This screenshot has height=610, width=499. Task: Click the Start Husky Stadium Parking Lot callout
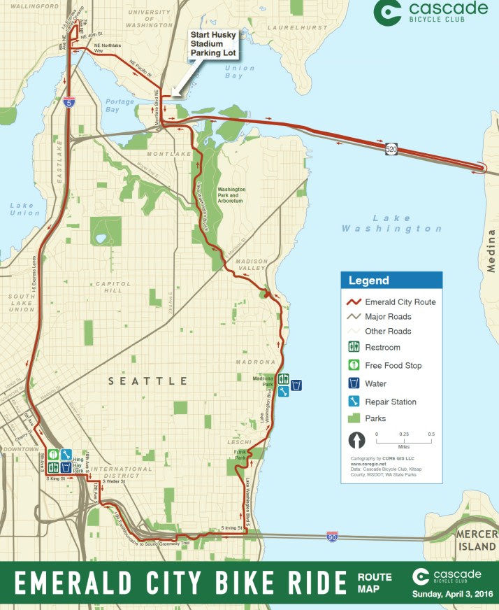point(212,43)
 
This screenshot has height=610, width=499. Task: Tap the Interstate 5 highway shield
point(68,103)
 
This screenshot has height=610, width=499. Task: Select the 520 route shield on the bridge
point(392,149)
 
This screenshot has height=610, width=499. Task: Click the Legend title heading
point(370,281)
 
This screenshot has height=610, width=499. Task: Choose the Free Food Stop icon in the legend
point(354,365)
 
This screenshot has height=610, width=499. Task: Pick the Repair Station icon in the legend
point(354,402)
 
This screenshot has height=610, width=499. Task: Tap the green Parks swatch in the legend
point(354,418)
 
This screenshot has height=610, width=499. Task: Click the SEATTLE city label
point(147,381)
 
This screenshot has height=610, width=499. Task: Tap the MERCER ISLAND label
point(478,540)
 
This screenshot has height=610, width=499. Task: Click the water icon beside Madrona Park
point(296,385)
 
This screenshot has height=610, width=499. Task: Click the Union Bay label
point(240,72)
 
